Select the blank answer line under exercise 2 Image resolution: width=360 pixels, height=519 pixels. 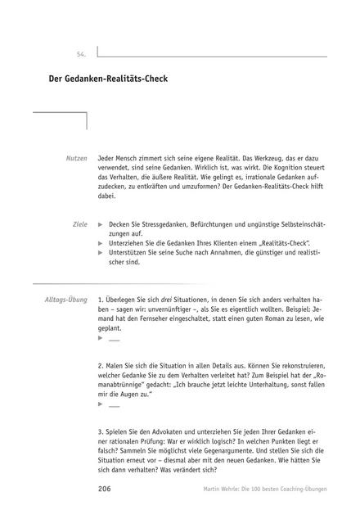113,405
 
